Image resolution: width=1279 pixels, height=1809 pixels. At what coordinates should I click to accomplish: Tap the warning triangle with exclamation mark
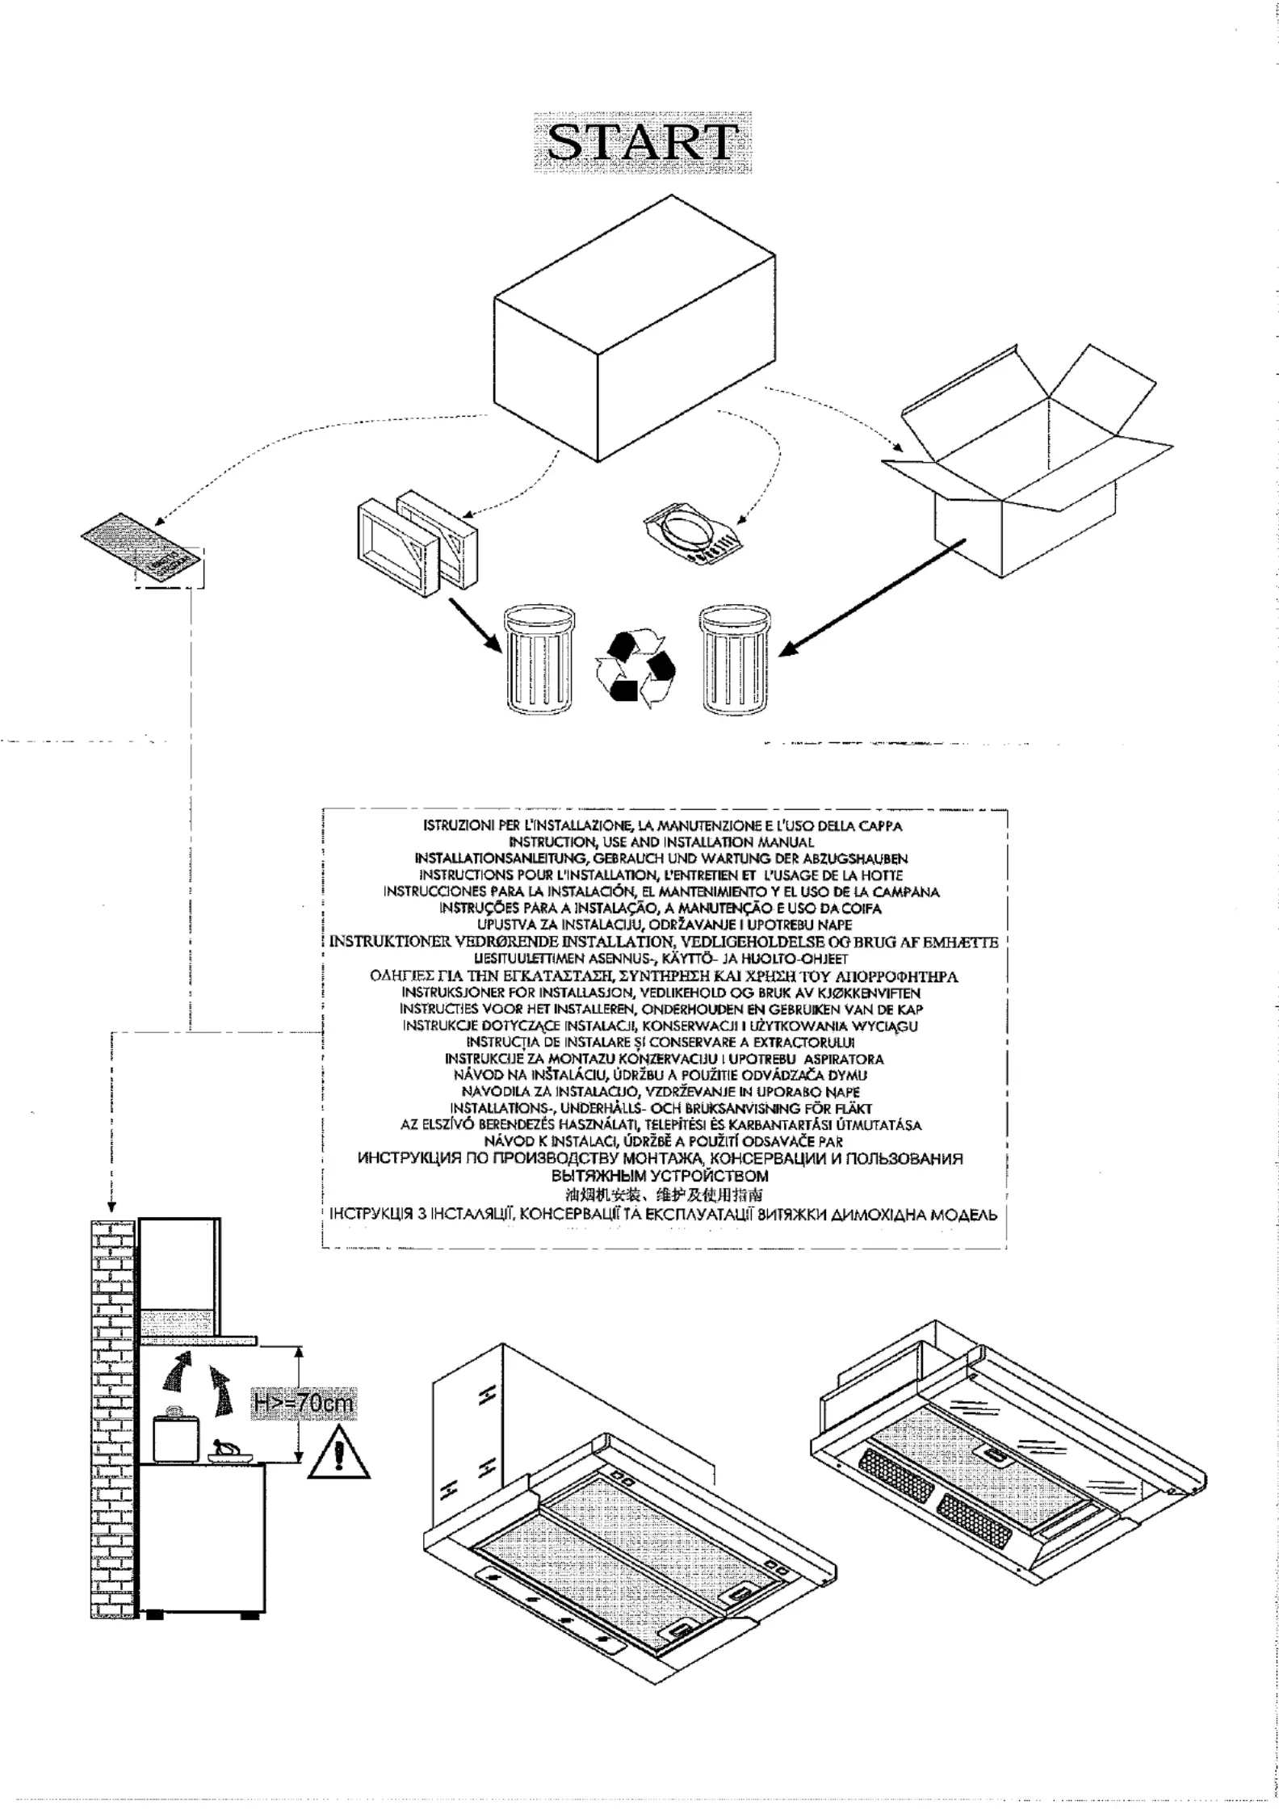(339, 1456)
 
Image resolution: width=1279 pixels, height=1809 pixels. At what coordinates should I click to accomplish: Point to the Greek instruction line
(664, 976)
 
